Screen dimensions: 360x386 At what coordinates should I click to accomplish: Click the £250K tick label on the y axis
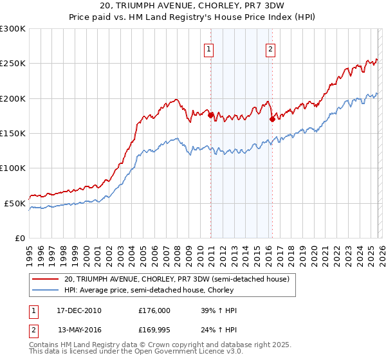13,64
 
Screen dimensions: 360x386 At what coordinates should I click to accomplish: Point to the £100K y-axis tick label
13,168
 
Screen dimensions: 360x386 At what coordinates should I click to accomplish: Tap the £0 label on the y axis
19,238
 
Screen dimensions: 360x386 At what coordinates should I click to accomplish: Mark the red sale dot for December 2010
210,115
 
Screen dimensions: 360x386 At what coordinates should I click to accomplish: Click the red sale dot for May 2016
272,119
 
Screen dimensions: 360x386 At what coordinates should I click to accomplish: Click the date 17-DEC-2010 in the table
79,310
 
